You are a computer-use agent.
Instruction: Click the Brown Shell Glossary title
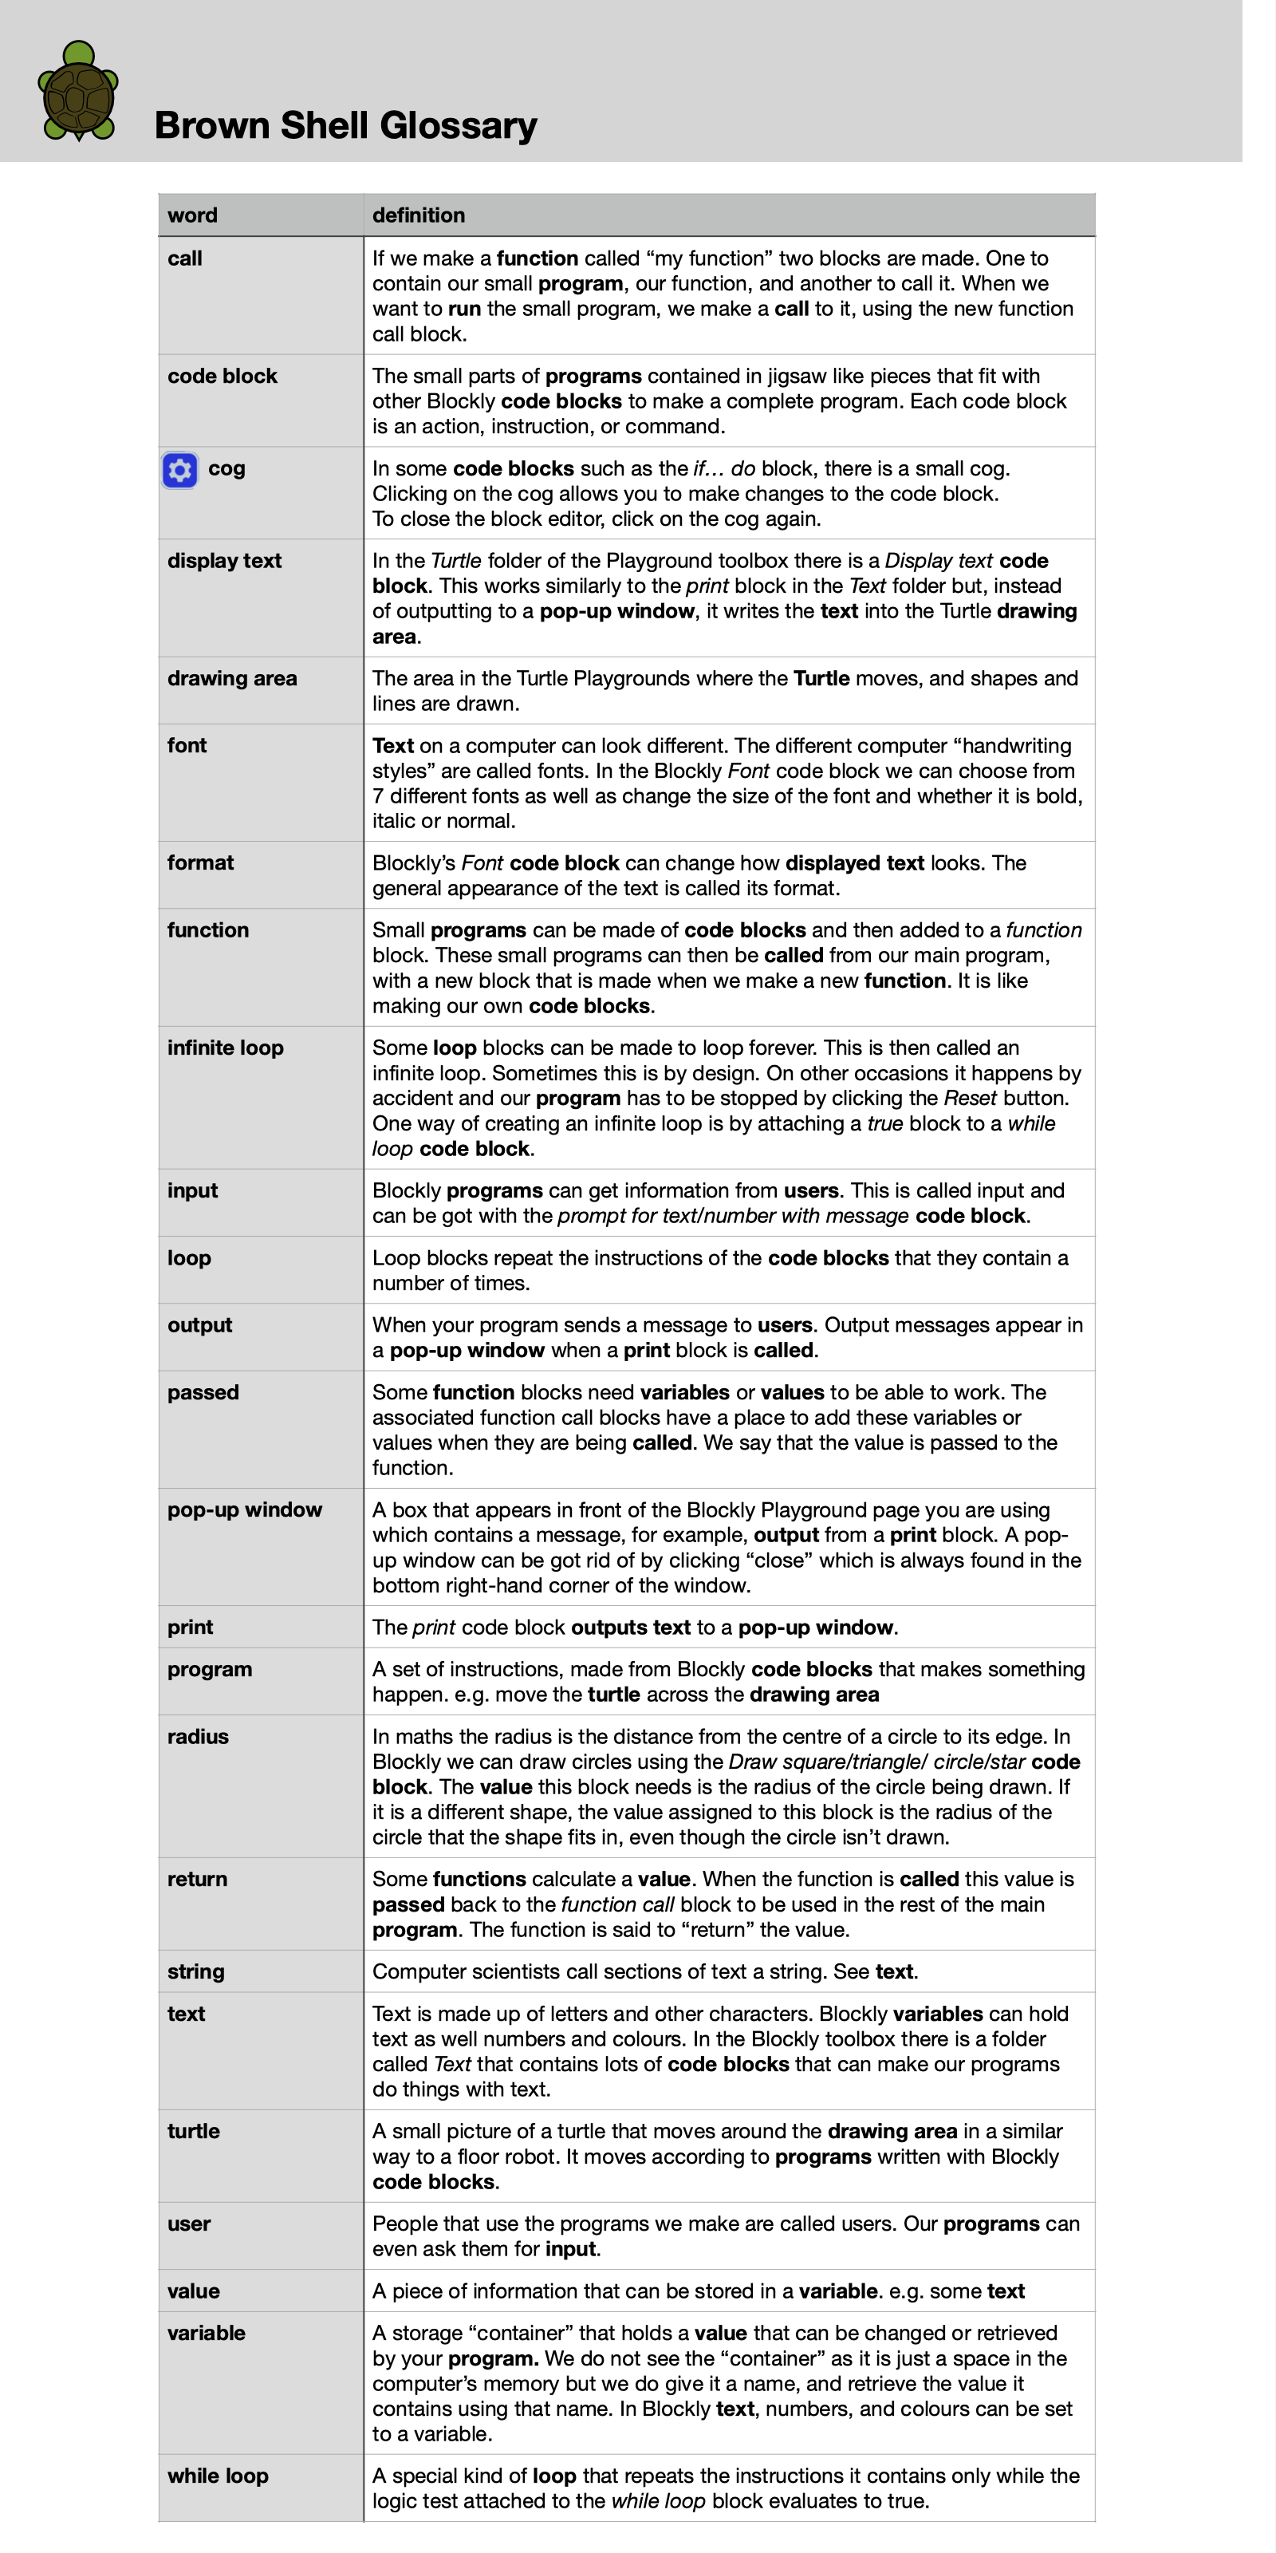[x=346, y=126]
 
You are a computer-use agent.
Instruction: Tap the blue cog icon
[x=180, y=470]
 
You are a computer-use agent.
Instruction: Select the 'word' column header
[x=192, y=215]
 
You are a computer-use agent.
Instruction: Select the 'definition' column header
[x=418, y=215]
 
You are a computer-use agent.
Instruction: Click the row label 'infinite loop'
[x=225, y=1048]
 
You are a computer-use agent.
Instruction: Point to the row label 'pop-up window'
[x=245, y=1509]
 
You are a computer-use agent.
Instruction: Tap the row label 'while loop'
[x=218, y=2476]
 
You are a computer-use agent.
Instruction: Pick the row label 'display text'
[x=224, y=561]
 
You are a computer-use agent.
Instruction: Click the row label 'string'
[x=196, y=1971]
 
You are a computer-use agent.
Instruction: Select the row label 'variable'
[x=206, y=2333]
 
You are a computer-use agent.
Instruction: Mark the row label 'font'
[x=187, y=745]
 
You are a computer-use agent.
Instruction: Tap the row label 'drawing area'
[x=232, y=679]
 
